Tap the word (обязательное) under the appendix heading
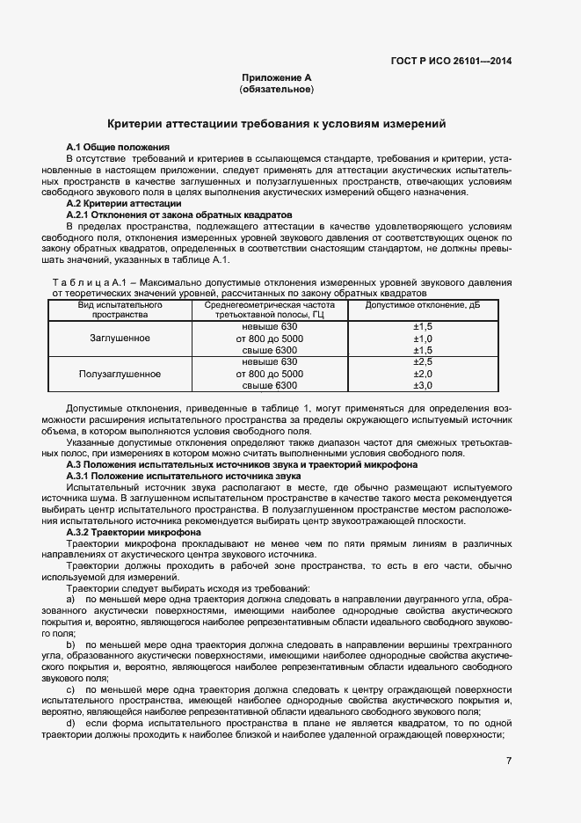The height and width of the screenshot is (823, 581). [277, 90]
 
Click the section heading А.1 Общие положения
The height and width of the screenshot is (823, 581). [118, 145]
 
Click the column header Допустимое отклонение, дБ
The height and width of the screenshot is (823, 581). [424, 305]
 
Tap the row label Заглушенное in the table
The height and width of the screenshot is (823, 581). [120, 339]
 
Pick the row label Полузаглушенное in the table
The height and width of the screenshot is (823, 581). [120, 374]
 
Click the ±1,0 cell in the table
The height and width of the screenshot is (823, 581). [424, 339]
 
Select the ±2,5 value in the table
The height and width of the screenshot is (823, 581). [424, 361]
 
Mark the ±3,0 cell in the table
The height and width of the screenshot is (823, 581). [424, 385]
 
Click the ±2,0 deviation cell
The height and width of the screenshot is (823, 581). [424, 374]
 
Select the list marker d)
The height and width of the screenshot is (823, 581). [71, 723]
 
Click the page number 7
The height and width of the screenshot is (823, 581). [508, 761]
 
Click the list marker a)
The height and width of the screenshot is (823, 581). [71, 599]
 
